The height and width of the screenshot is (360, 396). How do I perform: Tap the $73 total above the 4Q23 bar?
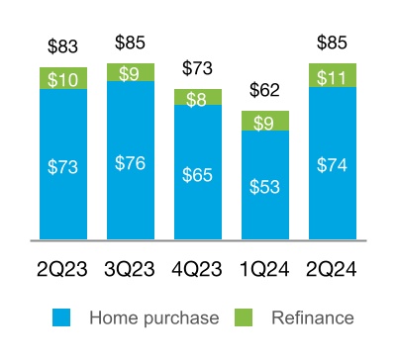coord(198,68)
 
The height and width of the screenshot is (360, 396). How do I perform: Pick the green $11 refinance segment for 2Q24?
coord(333,75)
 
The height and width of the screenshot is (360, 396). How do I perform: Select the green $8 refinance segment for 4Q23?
coord(198,97)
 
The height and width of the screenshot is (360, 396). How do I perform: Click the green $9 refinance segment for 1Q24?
coord(265,122)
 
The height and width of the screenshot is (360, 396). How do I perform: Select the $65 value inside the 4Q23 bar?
coord(198,175)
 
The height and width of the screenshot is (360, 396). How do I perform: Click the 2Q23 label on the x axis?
coord(63,267)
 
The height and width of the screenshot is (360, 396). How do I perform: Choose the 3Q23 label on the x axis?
coord(131,267)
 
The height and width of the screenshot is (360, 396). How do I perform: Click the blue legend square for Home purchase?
coord(61,317)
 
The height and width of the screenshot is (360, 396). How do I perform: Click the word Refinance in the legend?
coord(313,317)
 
